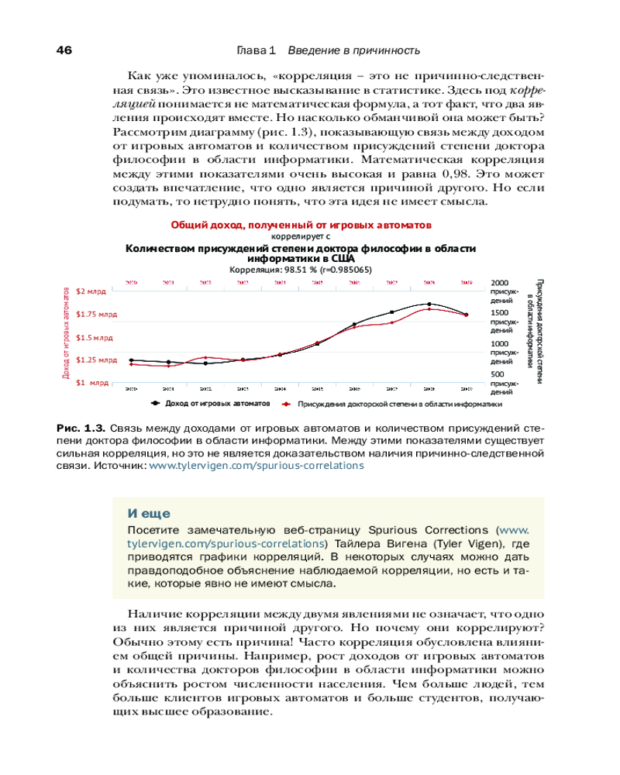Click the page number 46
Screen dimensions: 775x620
pyautogui.click(x=64, y=50)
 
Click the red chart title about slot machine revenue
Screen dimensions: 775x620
pyautogui.click(x=301, y=224)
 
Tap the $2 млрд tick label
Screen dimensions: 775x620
pyautogui.click(x=91, y=291)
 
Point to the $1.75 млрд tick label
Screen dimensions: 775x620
pyautogui.click(x=97, y=315)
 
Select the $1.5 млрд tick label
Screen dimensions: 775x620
pyautogui.click(x=95, y=338)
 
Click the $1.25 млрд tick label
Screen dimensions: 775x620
pyautogui.click(x=97, y=360)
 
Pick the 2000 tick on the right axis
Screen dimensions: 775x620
pyautogui.click(x=501, y=283)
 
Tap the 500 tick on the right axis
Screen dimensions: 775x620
pyautogui.click(x=499, y=374)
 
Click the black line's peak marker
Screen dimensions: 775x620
pyautogui.click(x=429, y=304)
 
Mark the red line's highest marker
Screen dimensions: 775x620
pyautogui.click(x=429, y=308)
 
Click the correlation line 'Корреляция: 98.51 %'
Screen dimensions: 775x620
pyautogui.click(x=301, y=270)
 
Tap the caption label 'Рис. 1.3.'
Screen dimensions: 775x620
pyautogui.click(x=81, y=428)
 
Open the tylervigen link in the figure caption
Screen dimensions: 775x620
pyautogui.click(x=256, y=467)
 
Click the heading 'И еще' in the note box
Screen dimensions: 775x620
pyautogui.click(x=149, y=513)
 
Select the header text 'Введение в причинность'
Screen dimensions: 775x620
pyautogui.click(x=353, y=50)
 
